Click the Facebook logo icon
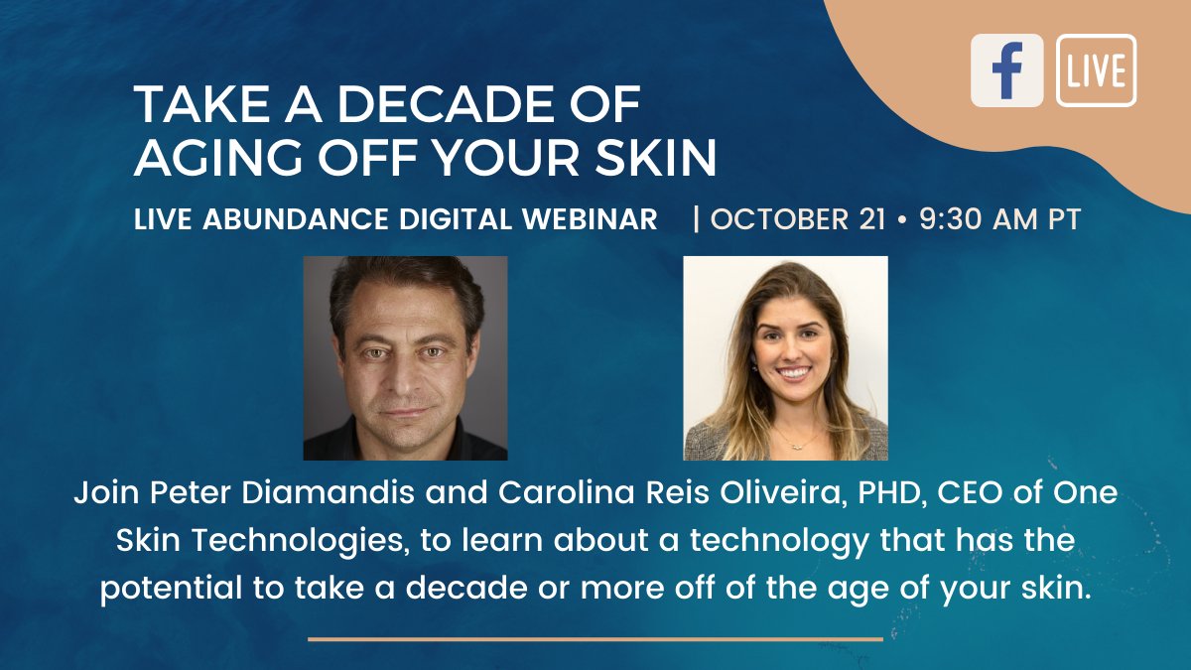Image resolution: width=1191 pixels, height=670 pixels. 1006,70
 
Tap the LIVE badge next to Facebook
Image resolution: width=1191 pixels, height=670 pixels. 1097,70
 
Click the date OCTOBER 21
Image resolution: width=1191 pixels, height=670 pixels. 797,219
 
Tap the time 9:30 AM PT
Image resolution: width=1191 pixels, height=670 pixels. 999,219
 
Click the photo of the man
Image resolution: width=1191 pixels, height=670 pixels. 405,358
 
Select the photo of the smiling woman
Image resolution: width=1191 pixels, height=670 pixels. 785,358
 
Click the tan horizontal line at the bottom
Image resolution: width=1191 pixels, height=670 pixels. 595,639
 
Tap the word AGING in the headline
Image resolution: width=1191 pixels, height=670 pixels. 210,158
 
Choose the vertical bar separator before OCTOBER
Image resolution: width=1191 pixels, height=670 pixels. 697,219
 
